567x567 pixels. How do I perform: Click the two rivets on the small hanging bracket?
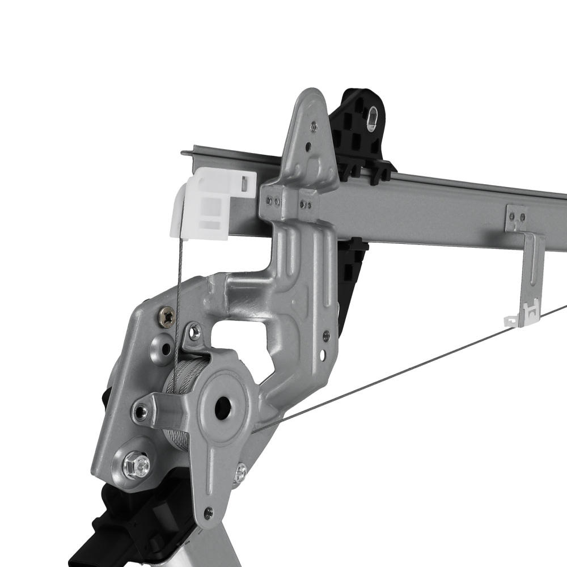pyautogui.click(x=516, y=215)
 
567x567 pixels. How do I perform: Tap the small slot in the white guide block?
pyautogui.click(x=244, y=183)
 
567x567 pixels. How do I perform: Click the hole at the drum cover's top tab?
pyautogui.click(x=194, y=332)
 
